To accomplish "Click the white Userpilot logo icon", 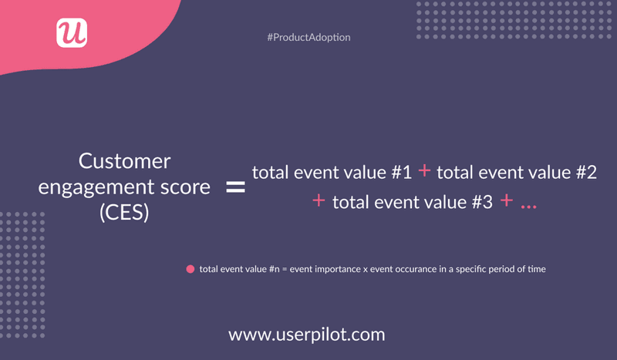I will click(x=72, y=32).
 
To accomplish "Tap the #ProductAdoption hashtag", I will click(x=308, y=38).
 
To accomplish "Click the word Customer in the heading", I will click(x=125, y=161).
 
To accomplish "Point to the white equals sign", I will click(x=234, y=187).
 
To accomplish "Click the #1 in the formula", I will click(x=400, y=173).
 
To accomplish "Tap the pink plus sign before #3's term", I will click(x=319, y=202).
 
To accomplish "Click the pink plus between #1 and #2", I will click(x=424, y=172).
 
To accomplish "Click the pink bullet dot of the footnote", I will click(x=190, y=270).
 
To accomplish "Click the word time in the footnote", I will click(x=536, y=270).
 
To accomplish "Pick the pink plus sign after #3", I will click(x=506, y=202).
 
